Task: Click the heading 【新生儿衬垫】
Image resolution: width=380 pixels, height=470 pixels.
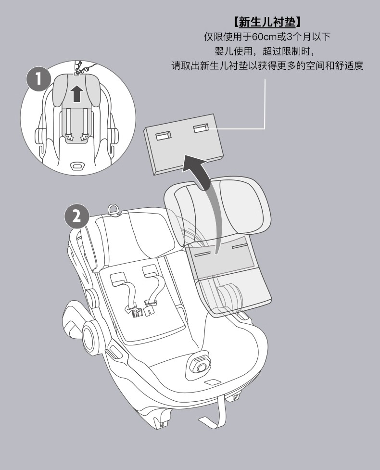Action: point(267,22)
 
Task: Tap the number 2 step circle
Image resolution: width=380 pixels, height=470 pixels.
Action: point(76,216)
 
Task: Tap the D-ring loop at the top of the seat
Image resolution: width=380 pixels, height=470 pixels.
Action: point(114,209)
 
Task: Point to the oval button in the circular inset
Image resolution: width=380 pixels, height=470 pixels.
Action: point(76,166)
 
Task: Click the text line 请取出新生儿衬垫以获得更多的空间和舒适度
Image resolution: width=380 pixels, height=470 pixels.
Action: point(267,65)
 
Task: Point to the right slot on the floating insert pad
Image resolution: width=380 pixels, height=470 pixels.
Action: point(201,128)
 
